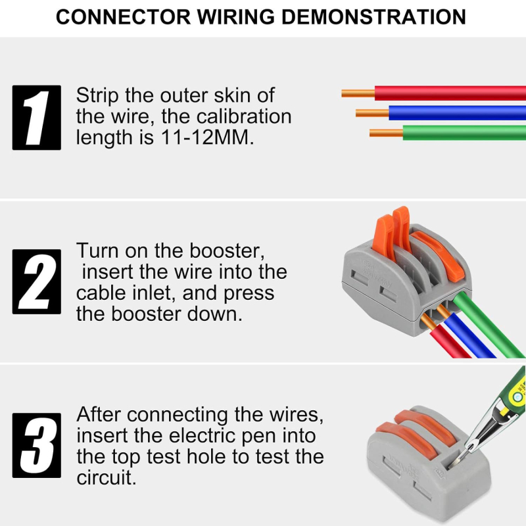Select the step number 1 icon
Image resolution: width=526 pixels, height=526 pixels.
click(37, 118)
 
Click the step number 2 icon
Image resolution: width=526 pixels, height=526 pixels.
click(37, 281)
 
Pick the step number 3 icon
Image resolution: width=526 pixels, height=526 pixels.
click(37, 445)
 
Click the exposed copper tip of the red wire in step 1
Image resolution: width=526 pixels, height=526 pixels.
click(358, 93)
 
